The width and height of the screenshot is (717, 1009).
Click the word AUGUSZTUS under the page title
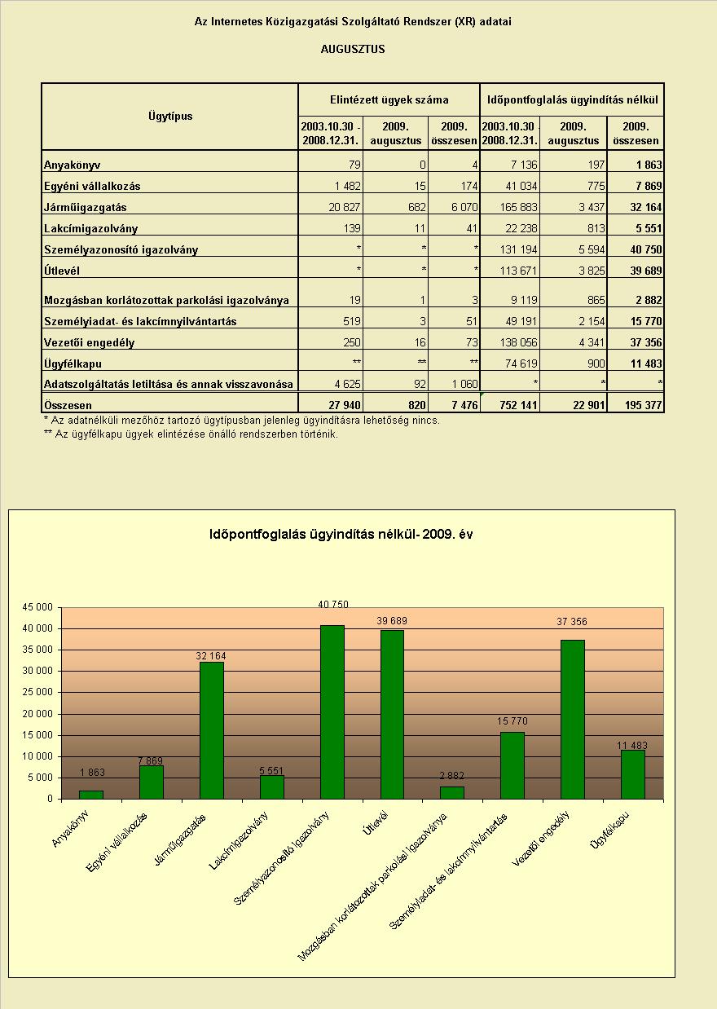pos(353,49)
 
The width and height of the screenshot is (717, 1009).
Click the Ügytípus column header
pos(170,117)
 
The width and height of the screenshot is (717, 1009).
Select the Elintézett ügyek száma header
pos(389,99)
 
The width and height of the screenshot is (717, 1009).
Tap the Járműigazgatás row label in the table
pos(85,207)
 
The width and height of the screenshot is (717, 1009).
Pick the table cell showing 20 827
pos(345,207)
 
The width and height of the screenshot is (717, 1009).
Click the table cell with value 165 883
pos(518,207)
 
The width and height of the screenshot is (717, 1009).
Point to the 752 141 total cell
pos(518,405)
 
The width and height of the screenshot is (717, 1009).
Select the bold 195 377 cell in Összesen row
pos(643,405)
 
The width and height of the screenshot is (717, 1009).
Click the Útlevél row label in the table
pos(62,271)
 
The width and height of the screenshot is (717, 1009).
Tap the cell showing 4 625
pos(347,384)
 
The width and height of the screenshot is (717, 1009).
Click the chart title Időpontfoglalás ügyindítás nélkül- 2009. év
pos(341,534)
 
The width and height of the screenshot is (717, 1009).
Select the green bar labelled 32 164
pos(212,730)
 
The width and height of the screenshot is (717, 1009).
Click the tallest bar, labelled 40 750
pos(332,712)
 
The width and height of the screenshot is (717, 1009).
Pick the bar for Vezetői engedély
pos(573,720)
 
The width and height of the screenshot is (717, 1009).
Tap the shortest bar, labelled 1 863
pos(91,795)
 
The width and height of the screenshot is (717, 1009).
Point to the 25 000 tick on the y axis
pos(37,692)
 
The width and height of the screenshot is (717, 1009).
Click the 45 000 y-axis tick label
pos(37,607)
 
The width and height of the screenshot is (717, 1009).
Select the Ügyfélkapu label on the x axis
pos(609,830)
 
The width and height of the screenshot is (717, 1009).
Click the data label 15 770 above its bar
pos(512,721)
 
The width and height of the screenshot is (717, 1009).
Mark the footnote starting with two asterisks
pos(191,434)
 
